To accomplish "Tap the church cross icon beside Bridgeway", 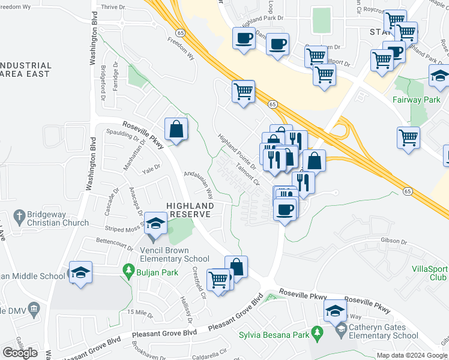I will pyautogui.click(x=19, y=215).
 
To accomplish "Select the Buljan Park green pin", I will pyautogui.click(x=127, y=271).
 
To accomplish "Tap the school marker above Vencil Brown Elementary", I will pyautogui.click(x=155, y=224).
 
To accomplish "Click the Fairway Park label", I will pyautogui.click(x=417, y=100).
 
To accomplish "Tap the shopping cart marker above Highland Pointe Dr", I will pyautogui.click(x=243, y=92).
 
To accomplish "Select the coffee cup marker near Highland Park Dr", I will pyautogui.click(x=244, y=39).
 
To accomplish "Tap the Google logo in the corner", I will pyautogui.click(x=20, y=353).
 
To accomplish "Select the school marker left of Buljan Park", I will pyautogui.click(x=80, y=273).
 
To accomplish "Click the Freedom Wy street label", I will pyautogui.click(x=181, y=49).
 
